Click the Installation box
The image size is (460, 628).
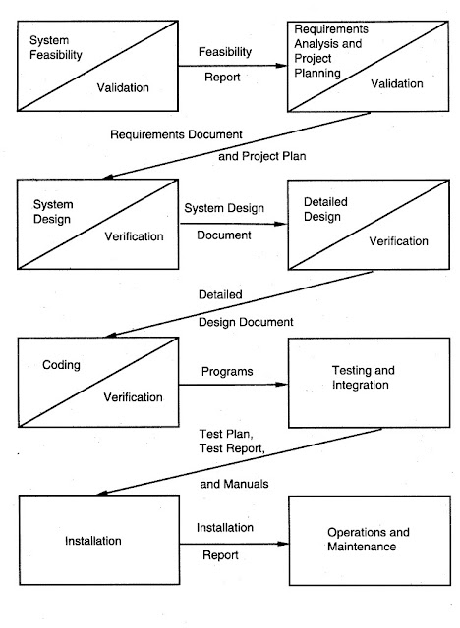[93, 540]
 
